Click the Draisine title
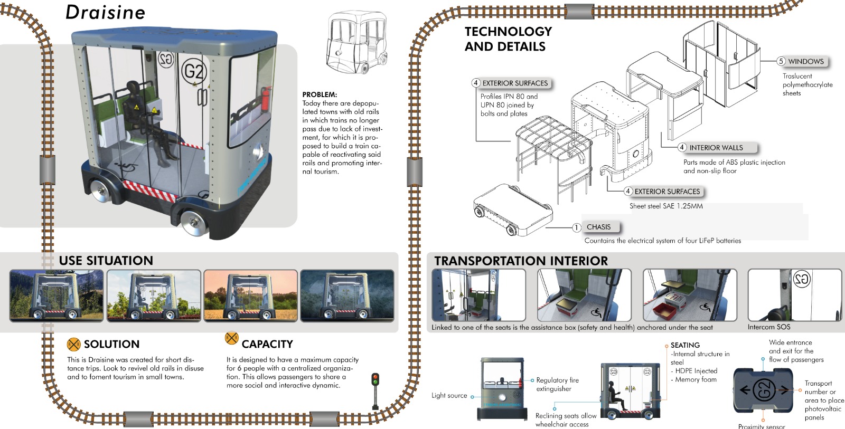[105, 12]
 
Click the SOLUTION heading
[111, 344]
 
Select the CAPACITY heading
[267, 344]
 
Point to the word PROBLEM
[320, 94]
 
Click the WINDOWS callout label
[805, 61]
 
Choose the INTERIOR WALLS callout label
[716, 148]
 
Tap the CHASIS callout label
[598, 227]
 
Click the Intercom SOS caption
[768, 327]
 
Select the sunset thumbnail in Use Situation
[251, 295]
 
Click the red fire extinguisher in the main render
[267, 98]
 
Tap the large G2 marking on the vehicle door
[193, 71]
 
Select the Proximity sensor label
[761, 426]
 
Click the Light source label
[449, 395]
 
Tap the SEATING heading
[685, 345]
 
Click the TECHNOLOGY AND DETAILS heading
[508, 39]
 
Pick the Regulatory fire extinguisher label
[557, 384]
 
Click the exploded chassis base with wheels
[512, 208]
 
